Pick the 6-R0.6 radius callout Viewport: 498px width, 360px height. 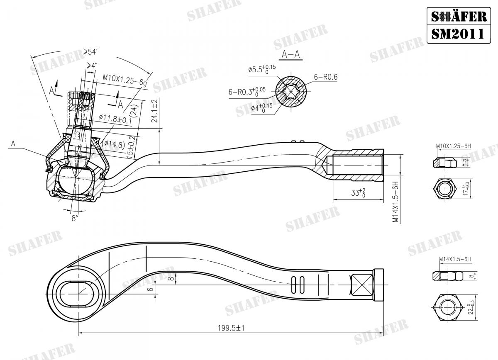325,77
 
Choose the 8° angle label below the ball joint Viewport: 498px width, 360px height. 75,218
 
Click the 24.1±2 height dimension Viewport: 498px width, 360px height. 154,111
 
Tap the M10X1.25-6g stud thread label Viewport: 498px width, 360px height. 124,78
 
